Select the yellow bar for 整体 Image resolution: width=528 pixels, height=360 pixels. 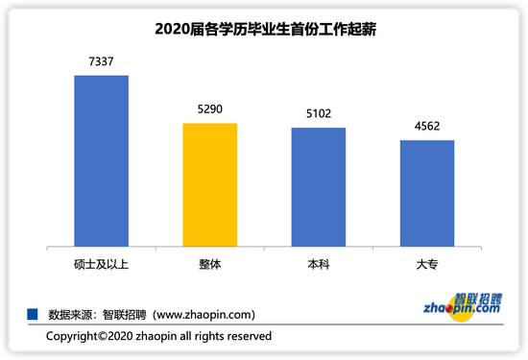pos(209,184)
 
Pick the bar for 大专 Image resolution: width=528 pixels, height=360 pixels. pos(426,193)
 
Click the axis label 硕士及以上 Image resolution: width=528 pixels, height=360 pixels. pos(101,262)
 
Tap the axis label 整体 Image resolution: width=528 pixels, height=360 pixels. pos(209,262)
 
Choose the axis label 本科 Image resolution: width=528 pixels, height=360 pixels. pos(318,262)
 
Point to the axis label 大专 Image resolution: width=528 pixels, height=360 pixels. pos(426,262)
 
